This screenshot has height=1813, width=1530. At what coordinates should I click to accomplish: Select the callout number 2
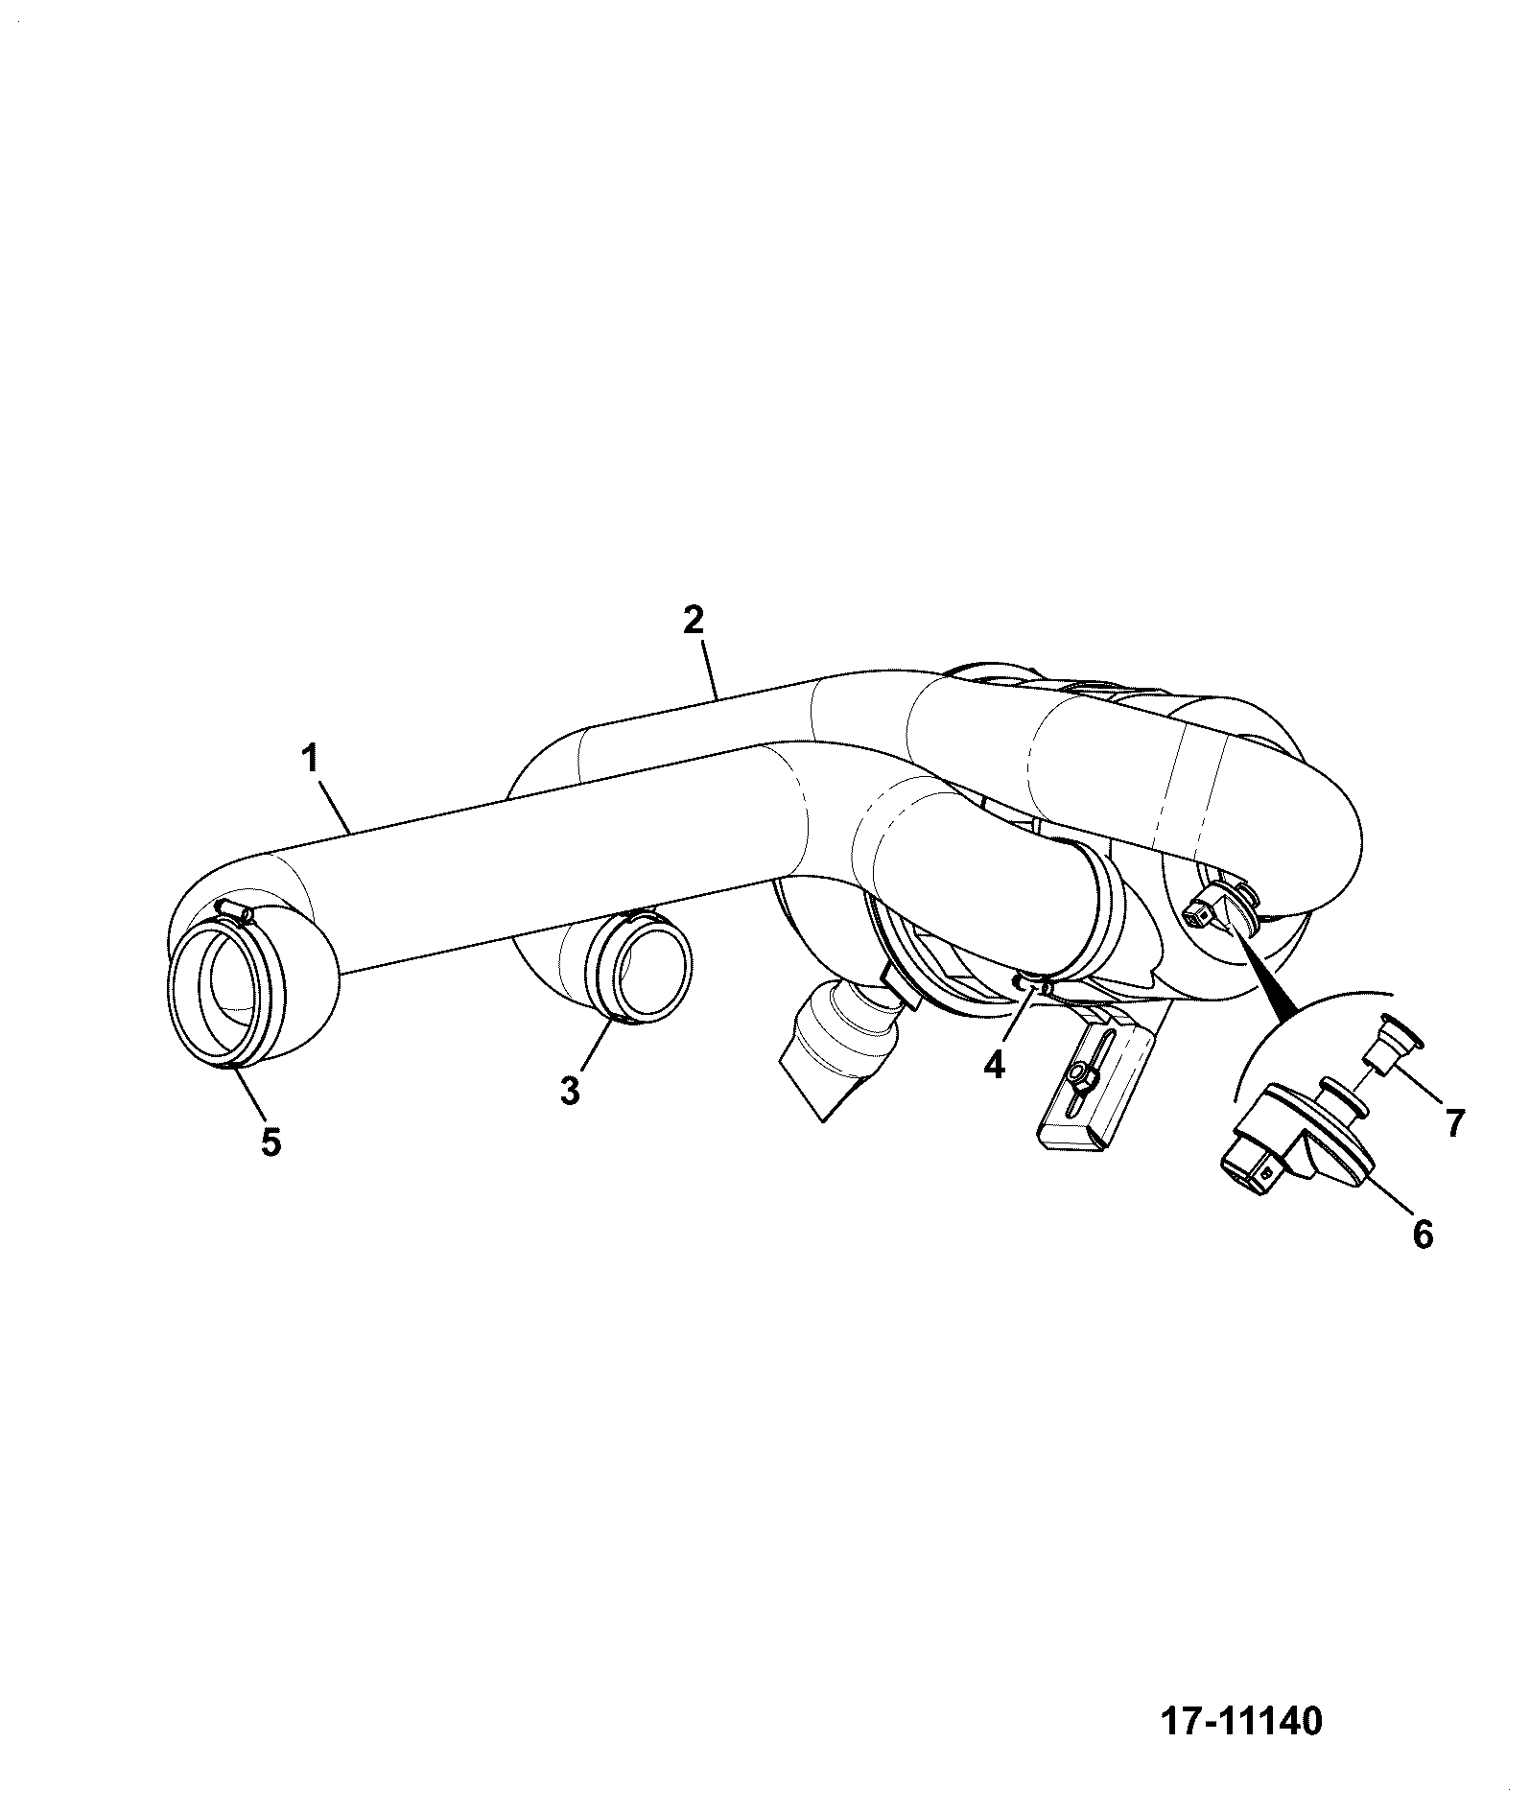pyautogui.click(x=694, y=619)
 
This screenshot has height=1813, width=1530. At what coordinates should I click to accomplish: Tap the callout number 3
pyautogui.click(x=570, y=1090)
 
